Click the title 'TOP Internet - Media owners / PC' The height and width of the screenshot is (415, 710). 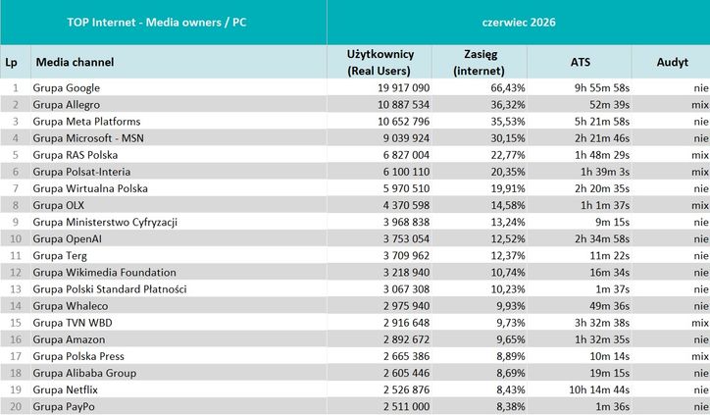point(157,23)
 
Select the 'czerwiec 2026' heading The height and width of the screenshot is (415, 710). point(519,23)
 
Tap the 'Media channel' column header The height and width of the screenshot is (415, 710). point(75,62)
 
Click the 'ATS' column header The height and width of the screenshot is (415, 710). point(580,62)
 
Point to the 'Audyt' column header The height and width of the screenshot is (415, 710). point(673,63)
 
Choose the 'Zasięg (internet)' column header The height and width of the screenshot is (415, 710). point(480,63)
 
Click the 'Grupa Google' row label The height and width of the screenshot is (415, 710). point(66,88)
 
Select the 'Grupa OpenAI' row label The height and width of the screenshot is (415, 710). point(67,238)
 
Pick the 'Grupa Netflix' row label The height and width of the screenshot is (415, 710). point(65,389)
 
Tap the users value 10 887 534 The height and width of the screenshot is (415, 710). point(403,105)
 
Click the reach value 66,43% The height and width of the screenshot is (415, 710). point(508,88)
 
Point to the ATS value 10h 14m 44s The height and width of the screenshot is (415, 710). point(599,389)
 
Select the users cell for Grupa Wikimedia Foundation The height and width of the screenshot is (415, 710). point(406,273)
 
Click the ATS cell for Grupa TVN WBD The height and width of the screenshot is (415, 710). point(602,323)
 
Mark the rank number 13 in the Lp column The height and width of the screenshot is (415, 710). point(16,289)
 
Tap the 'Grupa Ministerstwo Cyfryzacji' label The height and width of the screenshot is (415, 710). point(105,222)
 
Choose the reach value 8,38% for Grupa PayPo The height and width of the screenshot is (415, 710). point(511,406)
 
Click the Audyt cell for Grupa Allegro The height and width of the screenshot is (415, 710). point(700,105)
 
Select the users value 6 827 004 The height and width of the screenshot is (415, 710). point(406,155)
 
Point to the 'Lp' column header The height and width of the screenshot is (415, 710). point(12,63)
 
